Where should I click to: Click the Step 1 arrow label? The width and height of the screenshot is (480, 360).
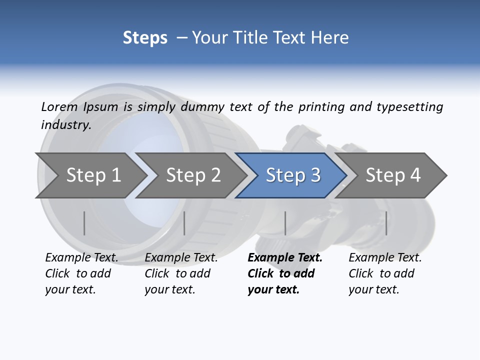[93, 175]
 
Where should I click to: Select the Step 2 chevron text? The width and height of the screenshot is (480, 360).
[193, 175]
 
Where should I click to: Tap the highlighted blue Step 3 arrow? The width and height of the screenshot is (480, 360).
[293, 175]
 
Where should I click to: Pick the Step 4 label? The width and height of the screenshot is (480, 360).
[393, 175]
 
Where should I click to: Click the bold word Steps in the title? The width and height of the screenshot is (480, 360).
[145, 38]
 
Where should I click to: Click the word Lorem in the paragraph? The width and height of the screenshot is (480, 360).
[59, 106]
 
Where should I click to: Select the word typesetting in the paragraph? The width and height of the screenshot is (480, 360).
[409, 107]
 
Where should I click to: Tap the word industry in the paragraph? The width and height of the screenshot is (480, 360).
[65, 124]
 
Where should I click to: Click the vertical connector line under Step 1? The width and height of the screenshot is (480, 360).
[84, 223]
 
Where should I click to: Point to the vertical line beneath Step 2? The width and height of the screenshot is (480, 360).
[184, 223]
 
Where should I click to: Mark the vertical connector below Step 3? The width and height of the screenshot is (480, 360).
[285, 223]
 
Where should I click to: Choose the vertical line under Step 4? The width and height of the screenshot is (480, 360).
[386, 223]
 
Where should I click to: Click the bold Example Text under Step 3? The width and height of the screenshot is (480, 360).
[285, 258]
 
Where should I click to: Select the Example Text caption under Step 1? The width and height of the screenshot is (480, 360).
[81, 258]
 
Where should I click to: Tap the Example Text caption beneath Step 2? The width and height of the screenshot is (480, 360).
[181, 258]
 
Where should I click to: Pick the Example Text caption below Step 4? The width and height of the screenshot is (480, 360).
[385, 258]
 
